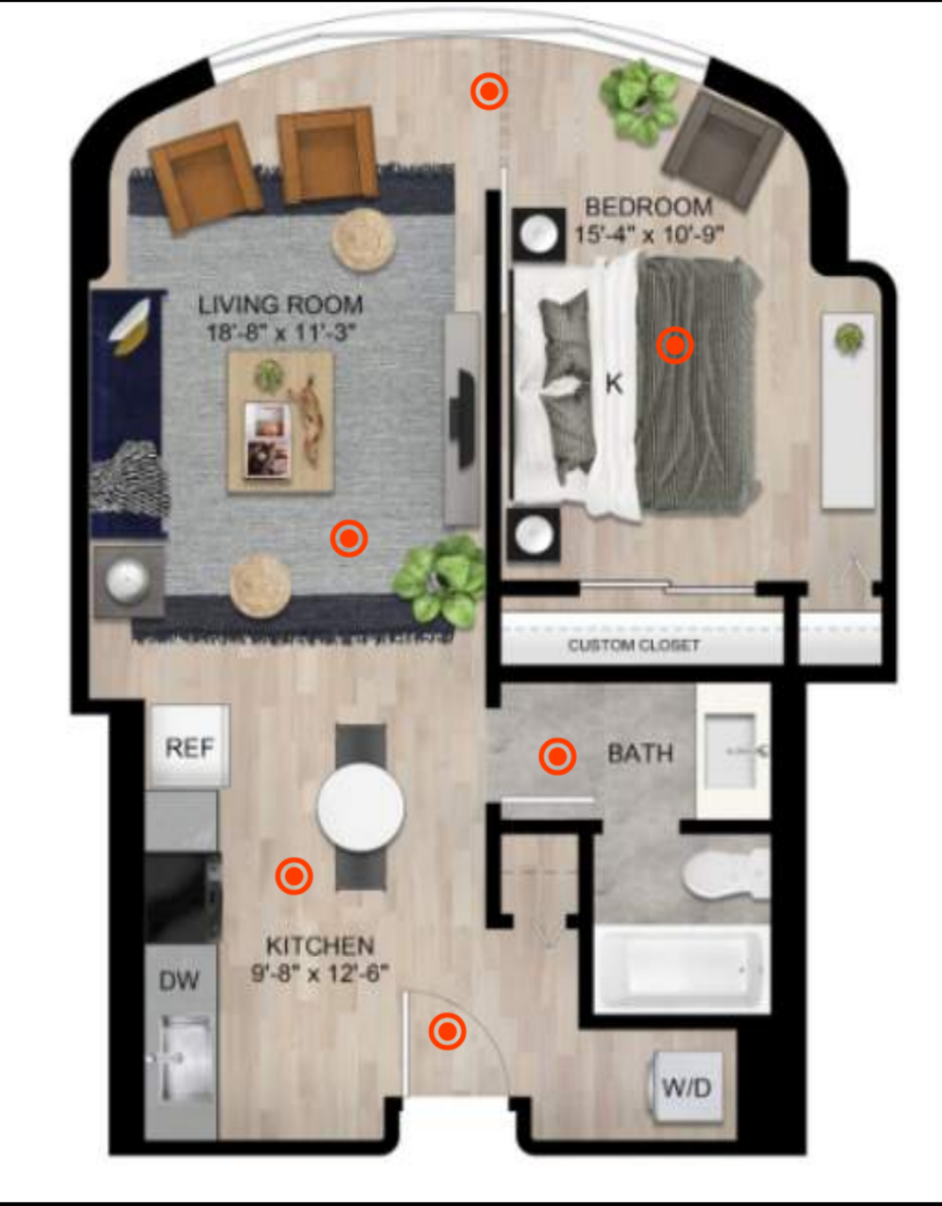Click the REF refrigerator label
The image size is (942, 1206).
point(189,748)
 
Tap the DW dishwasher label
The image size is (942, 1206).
point(179,981)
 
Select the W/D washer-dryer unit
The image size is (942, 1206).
point(687,1087)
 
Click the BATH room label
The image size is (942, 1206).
point(640,753)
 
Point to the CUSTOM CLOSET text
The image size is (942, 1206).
point(633,646)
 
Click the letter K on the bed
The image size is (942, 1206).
point(614,383)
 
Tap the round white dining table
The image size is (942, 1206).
point(361,807)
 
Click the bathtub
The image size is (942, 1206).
point(682,970)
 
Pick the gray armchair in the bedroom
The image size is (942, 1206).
point(722,149)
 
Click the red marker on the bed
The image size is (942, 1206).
point(675,346)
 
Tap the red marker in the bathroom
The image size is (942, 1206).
point(558,756)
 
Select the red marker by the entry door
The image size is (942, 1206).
point(447,1031)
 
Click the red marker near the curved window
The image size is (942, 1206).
point(489,91)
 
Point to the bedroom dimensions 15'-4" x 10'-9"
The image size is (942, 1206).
point(649,235)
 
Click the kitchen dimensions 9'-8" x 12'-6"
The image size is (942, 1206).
point(320,973)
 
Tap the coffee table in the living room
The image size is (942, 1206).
point(281,422)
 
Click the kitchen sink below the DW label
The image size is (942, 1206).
point(180,1058)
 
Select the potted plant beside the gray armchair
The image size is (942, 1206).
point(640,104)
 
